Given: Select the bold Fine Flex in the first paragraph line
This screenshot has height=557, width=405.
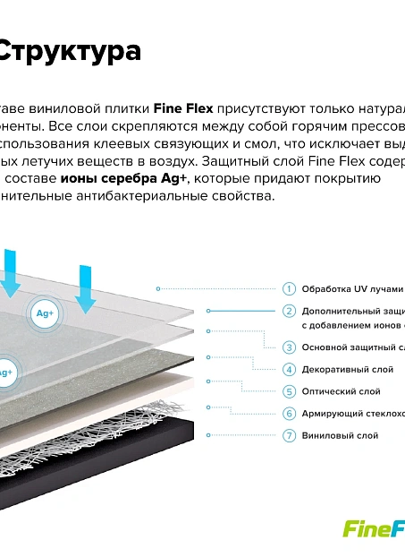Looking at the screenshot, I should click(183, 108).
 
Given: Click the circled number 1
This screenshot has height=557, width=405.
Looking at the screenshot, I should click(289, 288).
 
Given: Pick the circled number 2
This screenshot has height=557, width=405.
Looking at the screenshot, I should click(289, 311).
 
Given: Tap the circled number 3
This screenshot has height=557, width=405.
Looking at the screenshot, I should click(289, 347).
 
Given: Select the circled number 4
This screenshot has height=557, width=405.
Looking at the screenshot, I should click(289, 369).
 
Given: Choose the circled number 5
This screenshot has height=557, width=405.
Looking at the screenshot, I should click(289, 391).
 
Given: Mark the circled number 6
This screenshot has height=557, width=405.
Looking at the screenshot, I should click(289, 414).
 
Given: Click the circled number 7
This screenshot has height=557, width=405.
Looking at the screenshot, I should click(289, 435).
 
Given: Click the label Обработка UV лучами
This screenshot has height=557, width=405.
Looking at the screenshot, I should click(352, 289).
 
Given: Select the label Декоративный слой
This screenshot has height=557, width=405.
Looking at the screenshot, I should click(347, 369).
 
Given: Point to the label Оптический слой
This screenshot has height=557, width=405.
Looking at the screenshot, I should click(341, 391).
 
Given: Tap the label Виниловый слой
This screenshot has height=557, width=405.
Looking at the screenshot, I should click(340, 435).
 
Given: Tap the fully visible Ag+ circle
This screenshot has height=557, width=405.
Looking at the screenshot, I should click(45, 313).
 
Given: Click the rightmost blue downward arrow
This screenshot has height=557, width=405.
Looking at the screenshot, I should click(85, 288).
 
